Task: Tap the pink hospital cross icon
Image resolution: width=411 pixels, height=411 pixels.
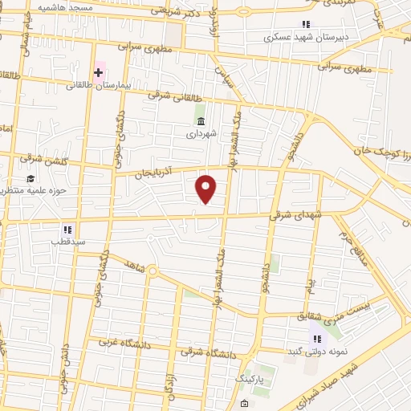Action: pyautogui.click(x=99, y=74)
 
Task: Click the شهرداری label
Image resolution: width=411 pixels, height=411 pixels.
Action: pyautogui.click(x=200, y=135)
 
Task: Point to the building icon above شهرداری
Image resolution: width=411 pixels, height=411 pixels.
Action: pyautogui.click(x=200, y=121)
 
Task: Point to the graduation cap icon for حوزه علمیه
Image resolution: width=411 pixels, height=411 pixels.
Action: pyautogui.click(x=31, y=179)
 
